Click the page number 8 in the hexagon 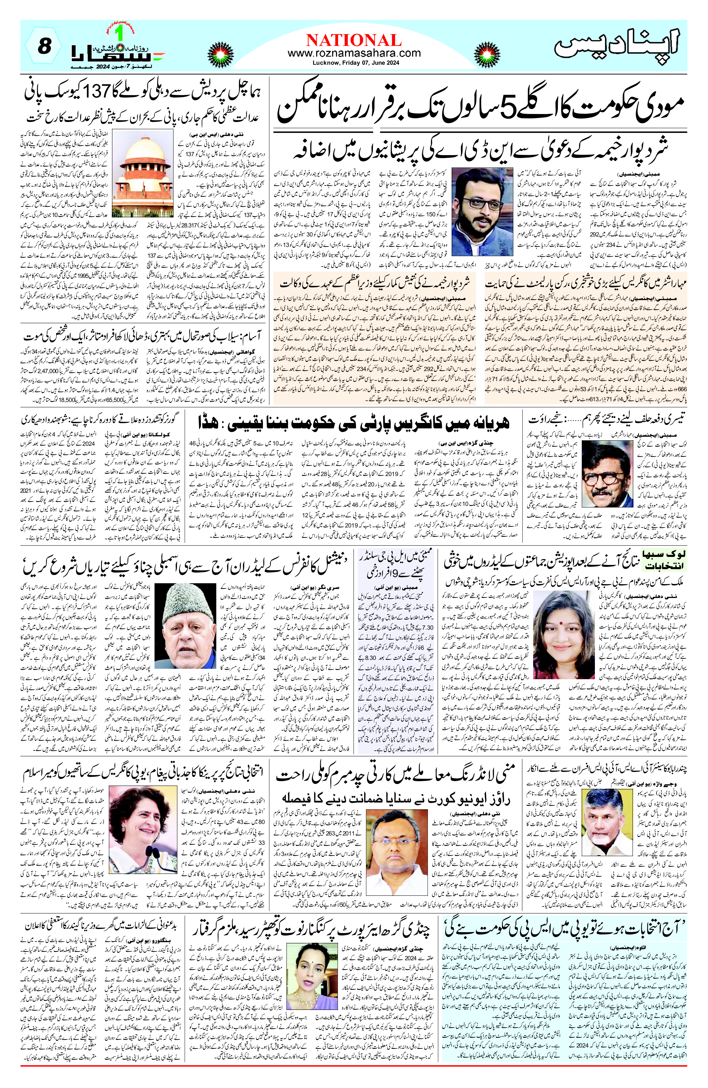44,47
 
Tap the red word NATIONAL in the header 354,40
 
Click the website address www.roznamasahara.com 354,53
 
